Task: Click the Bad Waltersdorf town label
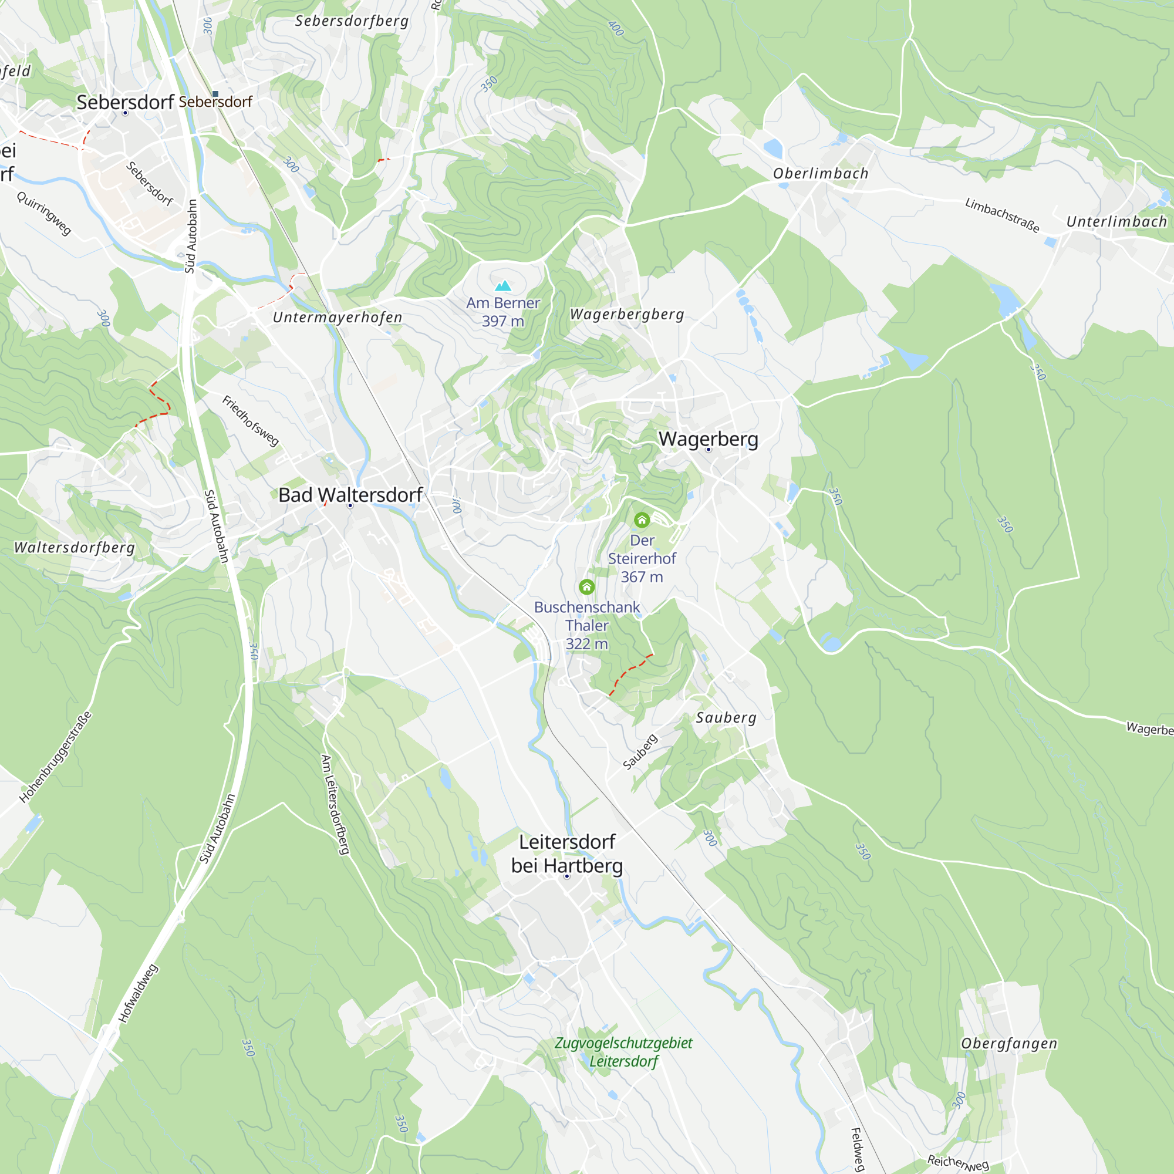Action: click(x=350, y=495)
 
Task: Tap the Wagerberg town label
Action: click(x=708, y=438)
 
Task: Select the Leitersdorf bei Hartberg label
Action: click(x=567, y=853)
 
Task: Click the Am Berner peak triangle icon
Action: click(x=502, y=286)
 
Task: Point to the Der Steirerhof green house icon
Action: click(x=642, y=519)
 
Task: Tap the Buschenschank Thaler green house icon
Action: click(x=586, y=587)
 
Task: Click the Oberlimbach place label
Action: click(x=821, y=174)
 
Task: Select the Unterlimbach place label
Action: click(x=1116, y=222)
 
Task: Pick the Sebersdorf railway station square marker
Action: click(x=215, y=93)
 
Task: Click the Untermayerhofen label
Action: click(x=338, y=317)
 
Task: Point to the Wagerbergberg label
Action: click(x=626, y=314)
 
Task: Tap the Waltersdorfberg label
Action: click(x=75, y=548)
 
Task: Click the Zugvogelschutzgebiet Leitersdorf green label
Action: click(x=623, y=1052)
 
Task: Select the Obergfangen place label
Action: click(x=1008, y=1043)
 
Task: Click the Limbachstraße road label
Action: click(x=1002, y=215)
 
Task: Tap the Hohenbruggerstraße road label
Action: click(x=56, y=757)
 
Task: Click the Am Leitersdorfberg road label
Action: click(x=335, y=805)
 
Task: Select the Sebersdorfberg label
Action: click(x=351, y=21)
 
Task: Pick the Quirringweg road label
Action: click(x=44, y=213)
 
